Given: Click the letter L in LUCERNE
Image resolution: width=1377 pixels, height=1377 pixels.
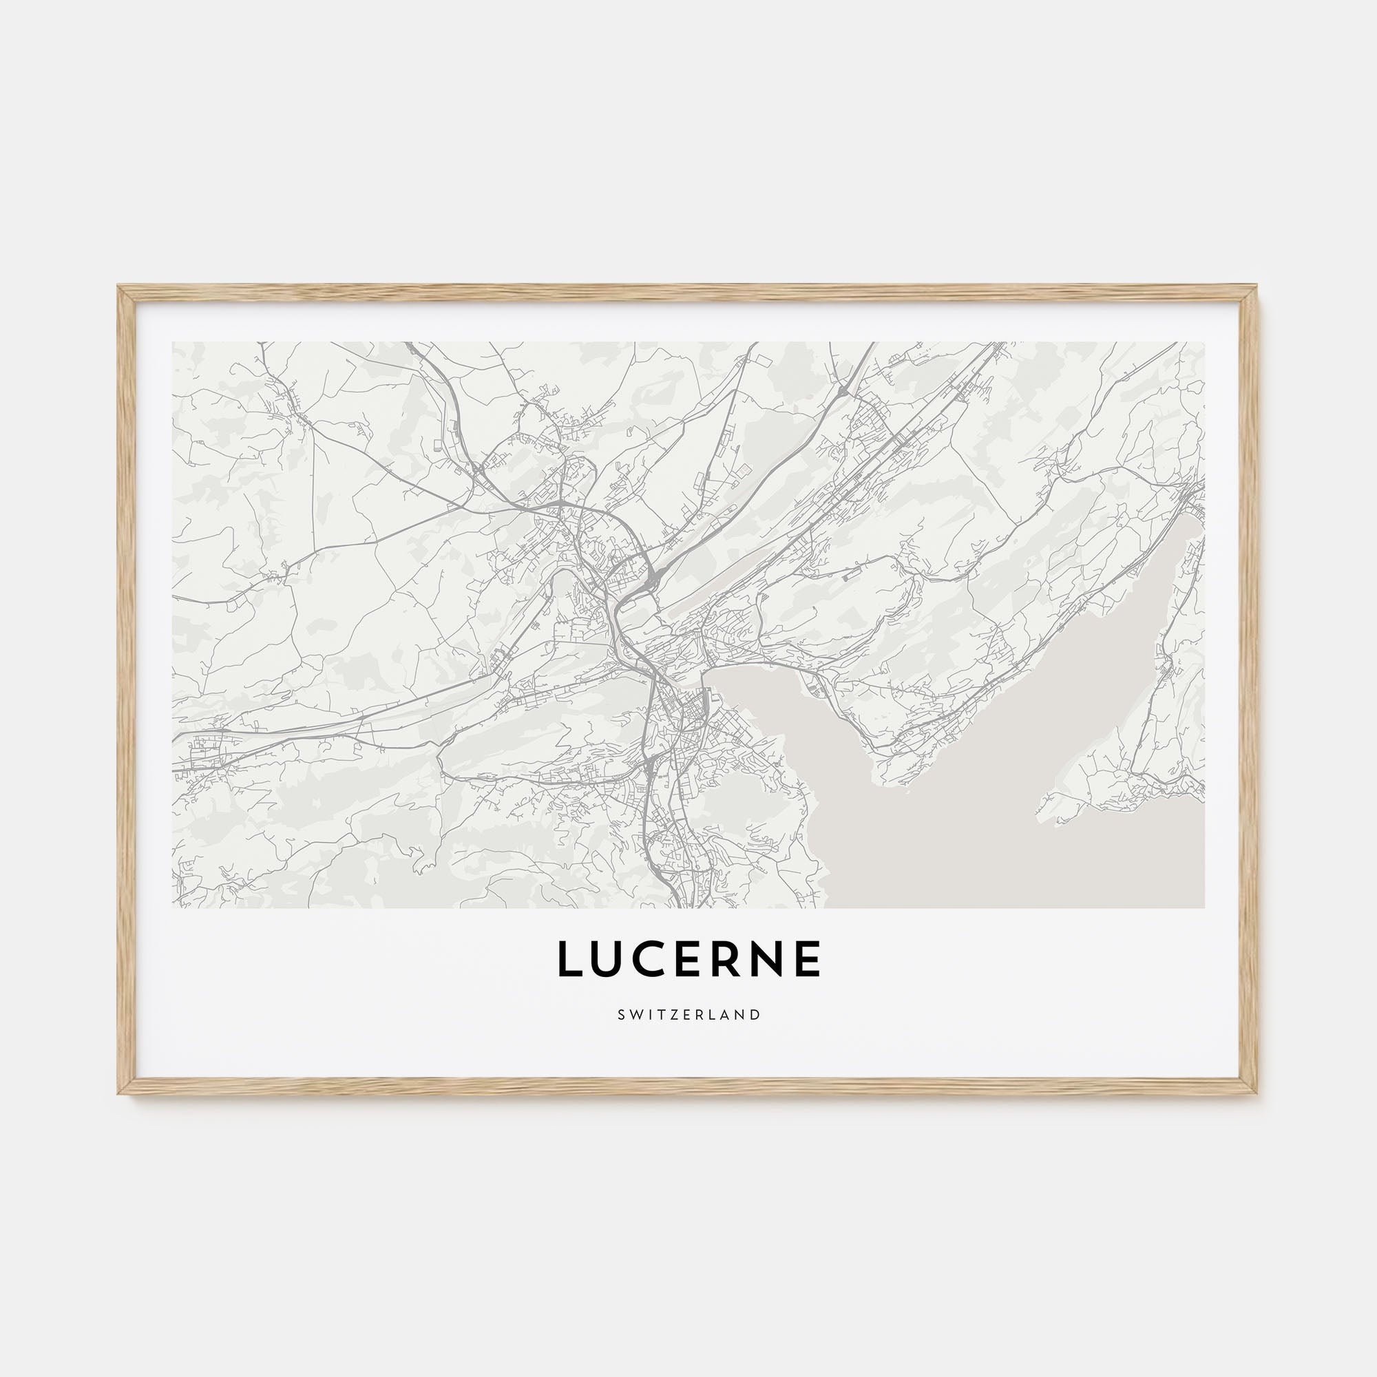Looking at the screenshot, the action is click(x=571, y=959).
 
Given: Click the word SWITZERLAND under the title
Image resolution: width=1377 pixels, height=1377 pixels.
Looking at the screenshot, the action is click(x=688, y=1014).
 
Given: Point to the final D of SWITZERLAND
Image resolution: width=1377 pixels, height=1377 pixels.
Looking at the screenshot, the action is click(x=756, y=1014).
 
